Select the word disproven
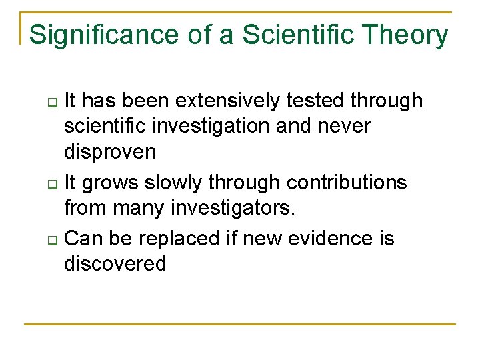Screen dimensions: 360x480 tap(110, 152)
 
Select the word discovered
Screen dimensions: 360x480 tap(115, 264)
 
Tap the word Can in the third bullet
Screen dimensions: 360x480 tap(83, 238)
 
